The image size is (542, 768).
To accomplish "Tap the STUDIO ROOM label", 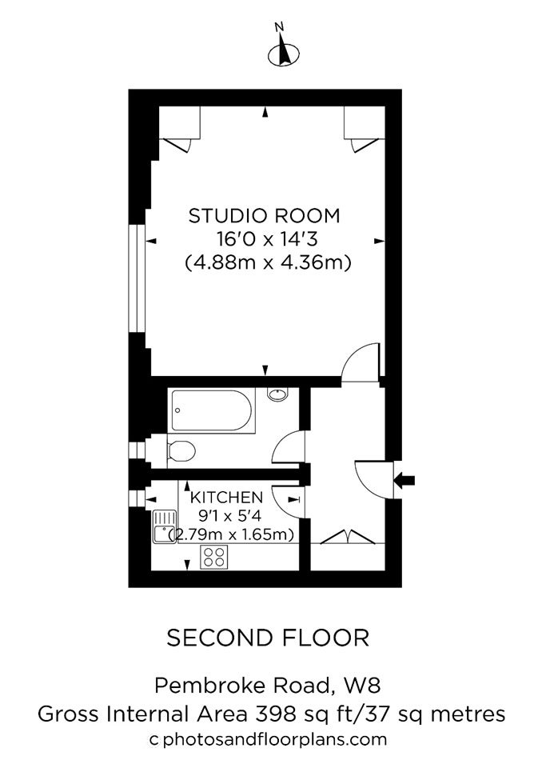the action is (265, 216).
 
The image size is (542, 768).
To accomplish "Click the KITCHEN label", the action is (226, 497).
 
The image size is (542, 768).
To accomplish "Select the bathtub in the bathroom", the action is (212, 411).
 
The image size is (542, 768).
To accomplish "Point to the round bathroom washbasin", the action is (277, 394).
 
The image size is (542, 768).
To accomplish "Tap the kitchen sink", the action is (165, 526).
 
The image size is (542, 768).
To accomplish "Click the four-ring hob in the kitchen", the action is (214, 557).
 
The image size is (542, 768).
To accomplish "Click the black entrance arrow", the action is (405, 481).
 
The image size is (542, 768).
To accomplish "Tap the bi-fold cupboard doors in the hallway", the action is (348, 536).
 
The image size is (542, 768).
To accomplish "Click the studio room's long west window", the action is (137, 278).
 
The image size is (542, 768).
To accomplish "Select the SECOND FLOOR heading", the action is (268, 638).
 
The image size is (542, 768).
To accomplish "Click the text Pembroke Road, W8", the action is (267, 686).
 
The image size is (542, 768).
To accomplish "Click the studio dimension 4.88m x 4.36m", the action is (269, 263).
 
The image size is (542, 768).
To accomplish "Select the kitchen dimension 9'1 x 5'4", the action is (230, 515).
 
